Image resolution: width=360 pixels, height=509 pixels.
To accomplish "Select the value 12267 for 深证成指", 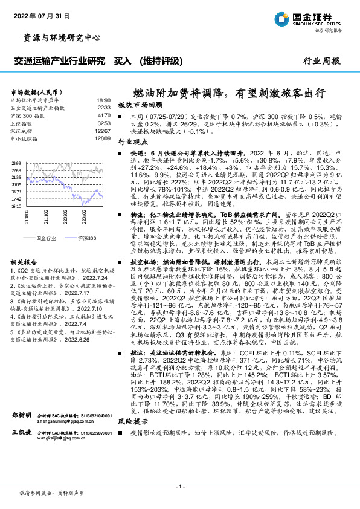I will (x=103, y=130).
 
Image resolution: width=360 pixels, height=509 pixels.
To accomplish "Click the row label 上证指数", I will (x=24, y=122).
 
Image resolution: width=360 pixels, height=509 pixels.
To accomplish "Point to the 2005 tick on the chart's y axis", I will (x=16, y=185).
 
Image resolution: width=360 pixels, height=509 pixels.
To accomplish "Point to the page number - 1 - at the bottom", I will (x=179, y=486).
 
